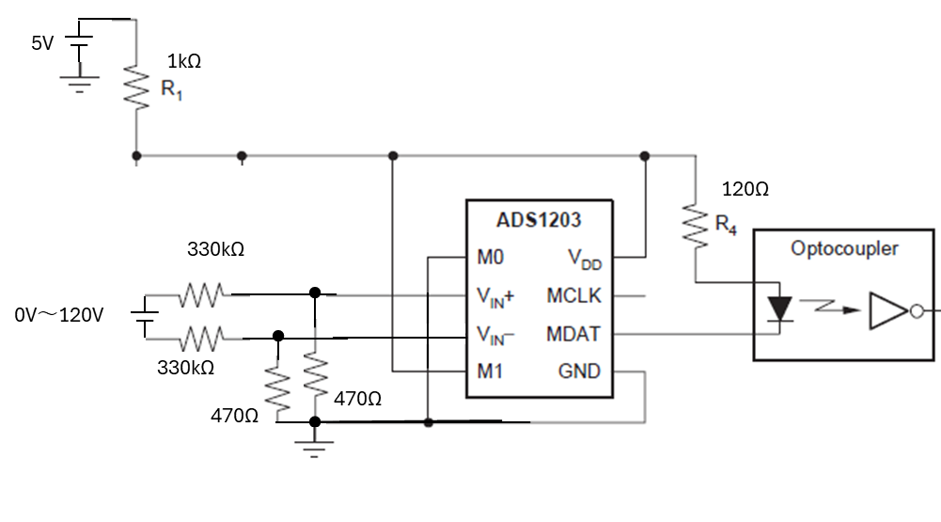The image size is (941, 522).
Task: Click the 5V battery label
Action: point(42,43)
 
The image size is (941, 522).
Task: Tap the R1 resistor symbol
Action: point(136,88)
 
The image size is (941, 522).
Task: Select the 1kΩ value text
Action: point(183,61)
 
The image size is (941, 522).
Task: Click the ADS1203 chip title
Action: point(539,220)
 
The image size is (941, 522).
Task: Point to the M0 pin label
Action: point(490,257)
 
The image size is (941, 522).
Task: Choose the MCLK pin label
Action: point(573,295)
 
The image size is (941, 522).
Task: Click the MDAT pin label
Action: point(573,334)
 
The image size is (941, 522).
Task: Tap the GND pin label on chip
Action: point(579,372)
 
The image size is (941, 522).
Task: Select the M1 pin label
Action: point(489,372)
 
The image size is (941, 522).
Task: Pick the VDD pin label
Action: point(585,260)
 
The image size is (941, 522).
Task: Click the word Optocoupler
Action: point(844,248)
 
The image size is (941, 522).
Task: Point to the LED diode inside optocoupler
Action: point(779,309)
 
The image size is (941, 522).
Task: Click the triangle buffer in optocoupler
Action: point(888,310)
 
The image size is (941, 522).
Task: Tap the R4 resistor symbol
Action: point(696,226)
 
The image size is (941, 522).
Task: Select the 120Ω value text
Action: point(745,189)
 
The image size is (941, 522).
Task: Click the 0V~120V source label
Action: point(59,315)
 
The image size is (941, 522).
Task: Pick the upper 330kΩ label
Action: point(215,248)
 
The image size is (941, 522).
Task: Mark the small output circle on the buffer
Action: point(917,311)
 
